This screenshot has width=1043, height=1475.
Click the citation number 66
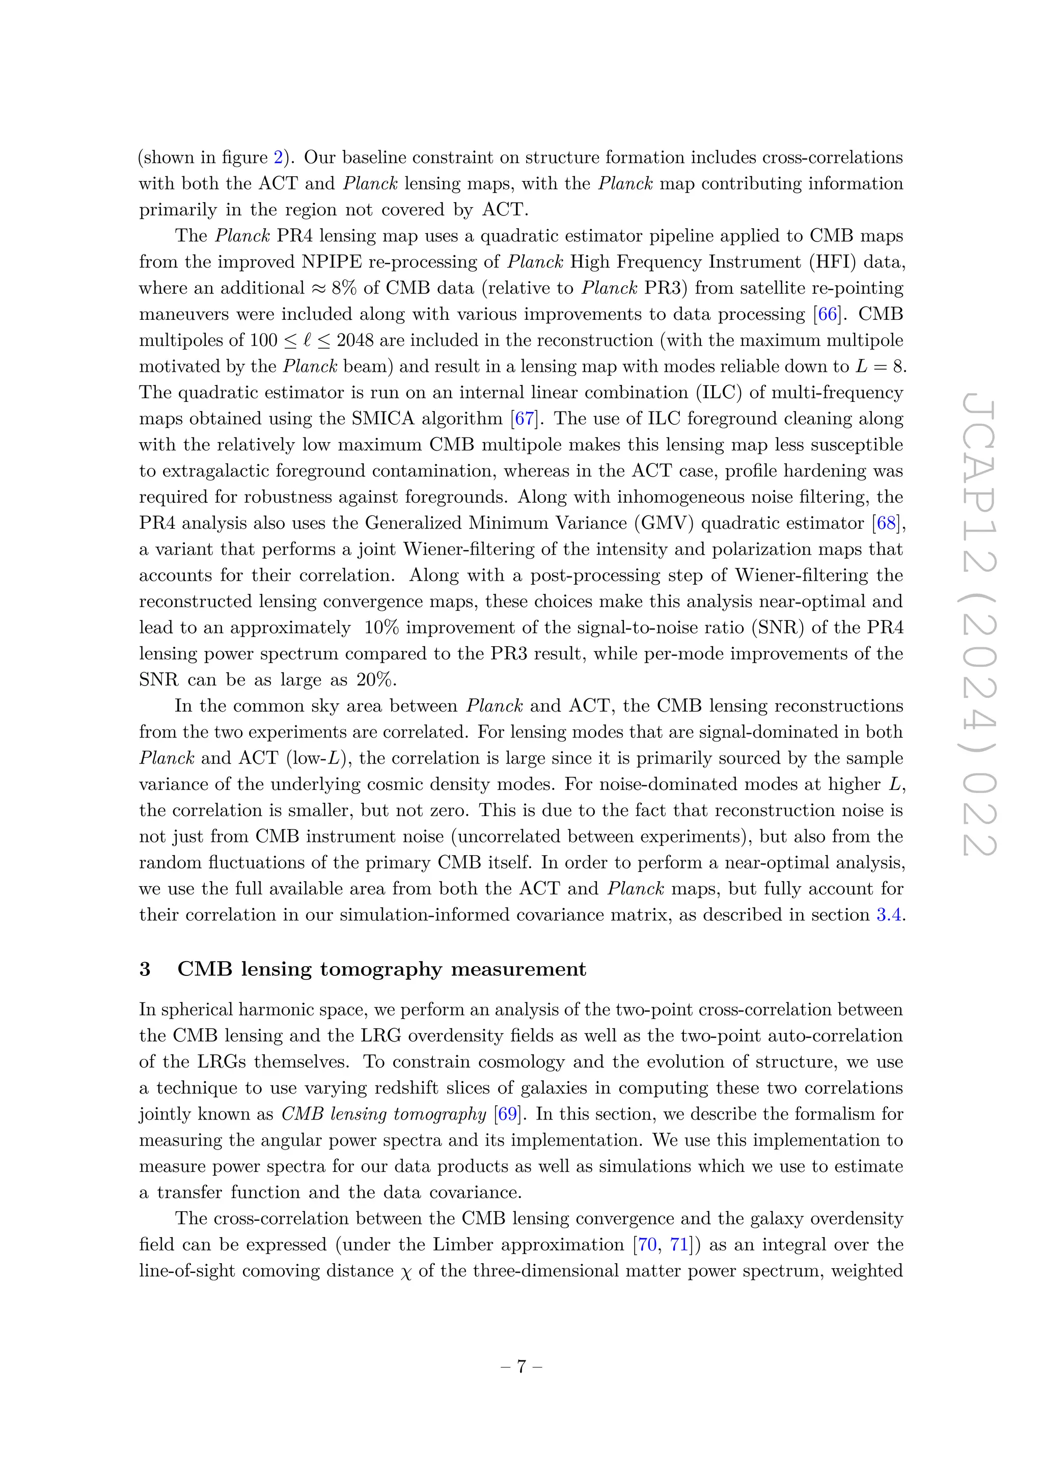(827, 314)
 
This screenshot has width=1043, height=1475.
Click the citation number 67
(524, 419)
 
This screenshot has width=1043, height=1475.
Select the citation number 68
(886, 523)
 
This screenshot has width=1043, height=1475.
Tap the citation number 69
(507, 1114)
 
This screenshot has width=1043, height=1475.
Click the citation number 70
(647, 1245)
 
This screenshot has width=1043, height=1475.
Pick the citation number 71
(679, 1245)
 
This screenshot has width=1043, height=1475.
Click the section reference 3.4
(889, 915)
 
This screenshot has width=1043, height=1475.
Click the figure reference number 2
(278, 157)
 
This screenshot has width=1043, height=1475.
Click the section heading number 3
(145, 969)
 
